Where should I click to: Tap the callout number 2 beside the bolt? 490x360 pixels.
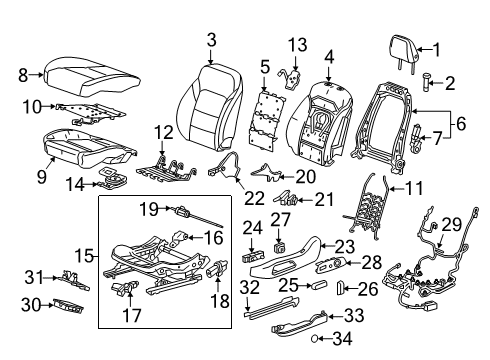450,83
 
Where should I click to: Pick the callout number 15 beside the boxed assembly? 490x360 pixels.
87,257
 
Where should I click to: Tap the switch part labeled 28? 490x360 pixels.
341,263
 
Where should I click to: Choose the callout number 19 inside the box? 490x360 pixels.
149,208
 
